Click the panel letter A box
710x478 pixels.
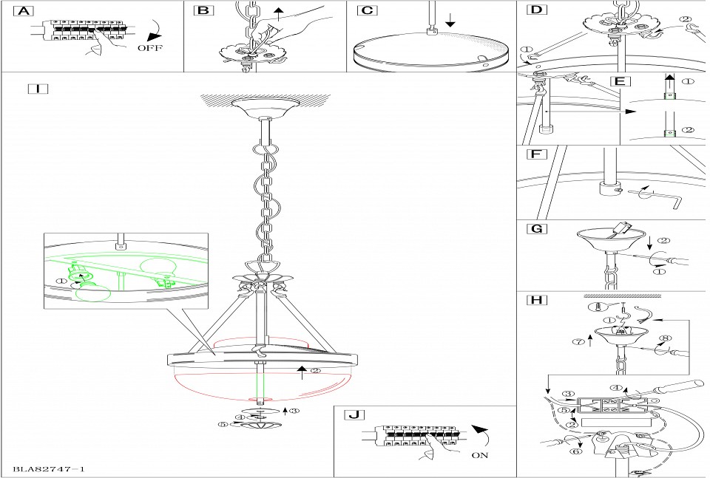point(24,12)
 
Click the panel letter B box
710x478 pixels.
point(203,11)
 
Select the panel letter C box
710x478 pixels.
point(366,11)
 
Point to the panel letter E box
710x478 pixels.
point(619,81)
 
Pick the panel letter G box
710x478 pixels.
point(536,228)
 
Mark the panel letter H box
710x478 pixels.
point(536,300)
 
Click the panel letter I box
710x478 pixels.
point(37,89)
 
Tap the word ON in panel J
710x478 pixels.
point(479,455)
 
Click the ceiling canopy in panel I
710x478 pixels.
point(264,109)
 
